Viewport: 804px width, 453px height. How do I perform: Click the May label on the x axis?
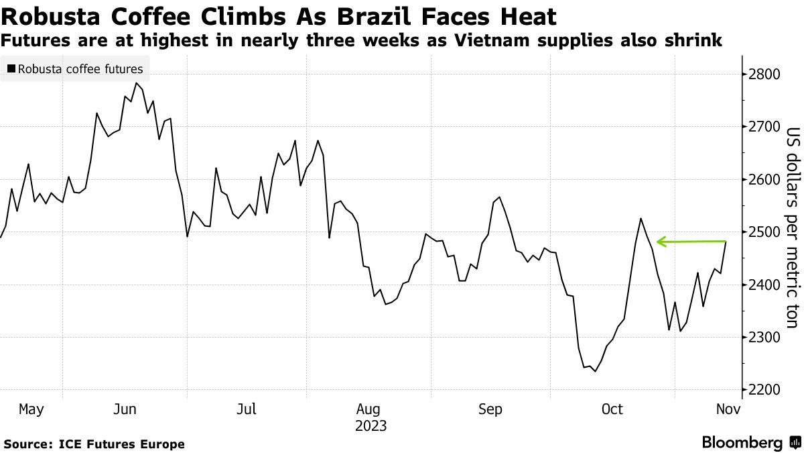pyautogui.click(x=31, y=409)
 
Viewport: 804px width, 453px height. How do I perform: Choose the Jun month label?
pyautogui.click(x=126, y=409)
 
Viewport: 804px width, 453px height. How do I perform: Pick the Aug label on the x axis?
pyautogui.click(x=369, y=409)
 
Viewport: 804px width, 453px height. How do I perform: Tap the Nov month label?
pyautogui.click(x=728, y=409)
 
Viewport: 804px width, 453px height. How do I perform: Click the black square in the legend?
pyautogui.click(x=11, y=68)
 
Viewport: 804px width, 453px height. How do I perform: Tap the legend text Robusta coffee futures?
pyautogui.click(x=80, y=68)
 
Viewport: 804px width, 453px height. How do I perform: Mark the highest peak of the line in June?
pyautogui.click(x=136, y=83)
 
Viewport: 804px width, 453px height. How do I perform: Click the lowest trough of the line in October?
pyautogui.click(x=595, y=371)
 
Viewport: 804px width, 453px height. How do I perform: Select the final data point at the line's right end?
pyautogui.click(x=726, y=242)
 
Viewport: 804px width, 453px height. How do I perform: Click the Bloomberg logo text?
pyautogui.click(x=742, y=443)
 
